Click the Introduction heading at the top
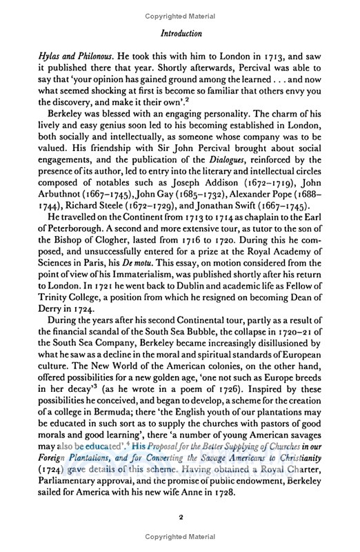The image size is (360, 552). (x=181, y=32)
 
